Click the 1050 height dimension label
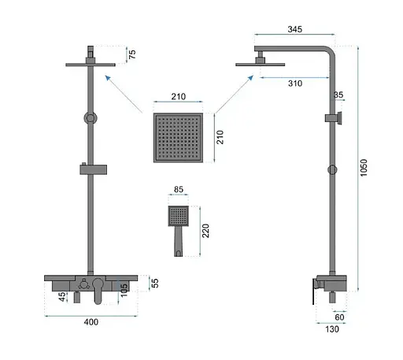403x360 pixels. click(364, 168)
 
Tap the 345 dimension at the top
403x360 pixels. click(295, 29)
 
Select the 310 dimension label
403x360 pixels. click(295, 84)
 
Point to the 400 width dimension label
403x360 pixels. click(91, 322)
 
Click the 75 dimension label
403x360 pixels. click(132, 54)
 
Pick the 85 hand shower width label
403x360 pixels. click(179, 189)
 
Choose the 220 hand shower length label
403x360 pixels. click(205, 231)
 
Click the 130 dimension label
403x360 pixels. click(332, 329)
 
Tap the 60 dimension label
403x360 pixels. click(339, 317)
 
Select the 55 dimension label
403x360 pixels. click(155, 283)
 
